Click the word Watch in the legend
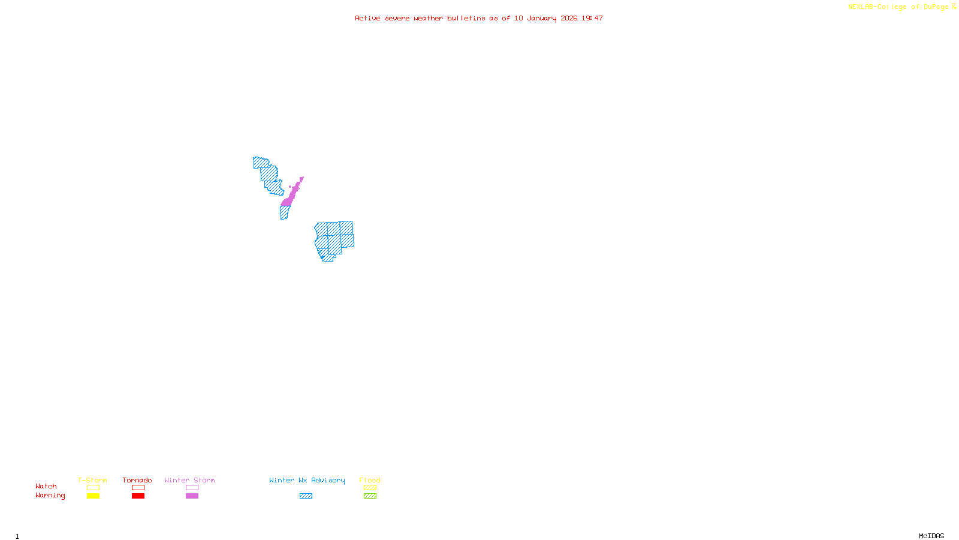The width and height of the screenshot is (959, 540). [x=46, y=487]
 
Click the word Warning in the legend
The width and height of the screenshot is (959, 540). [x=50, y=496]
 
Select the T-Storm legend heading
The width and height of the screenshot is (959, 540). [x=92, y=480]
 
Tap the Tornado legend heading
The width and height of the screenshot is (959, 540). [x=137, y=480]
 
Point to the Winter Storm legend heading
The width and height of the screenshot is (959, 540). [x=189, y=480]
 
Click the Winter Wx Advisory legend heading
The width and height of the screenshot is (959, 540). [x=307, y=480]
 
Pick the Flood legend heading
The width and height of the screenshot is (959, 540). [x=370, y=480]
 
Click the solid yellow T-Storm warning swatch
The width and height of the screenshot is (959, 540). [x=93, y=496]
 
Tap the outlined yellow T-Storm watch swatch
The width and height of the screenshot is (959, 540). [x=93, y=488]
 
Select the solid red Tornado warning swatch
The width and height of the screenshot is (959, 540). [x=138, y=496]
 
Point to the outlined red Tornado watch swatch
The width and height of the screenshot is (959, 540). [x=138, y=488]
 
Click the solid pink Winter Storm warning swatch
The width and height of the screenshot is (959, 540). [x=192, y=496]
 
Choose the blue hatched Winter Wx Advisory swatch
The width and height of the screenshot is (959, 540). [x=306, y=496]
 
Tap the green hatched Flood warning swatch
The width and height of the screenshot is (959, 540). [x=370, y=496]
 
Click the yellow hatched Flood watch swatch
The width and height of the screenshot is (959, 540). [x=370, y=488]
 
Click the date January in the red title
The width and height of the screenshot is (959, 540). [x=542, y=19]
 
